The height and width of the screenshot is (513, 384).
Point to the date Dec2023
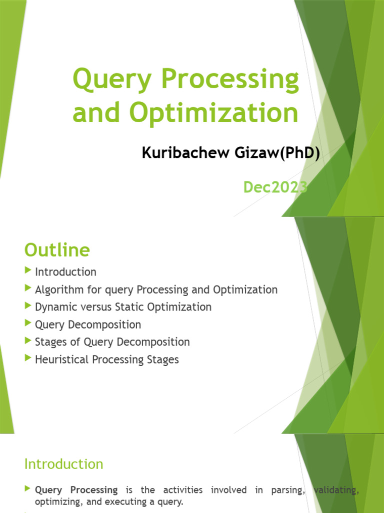tap(274, 187)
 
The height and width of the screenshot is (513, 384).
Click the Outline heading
tap(57, 249)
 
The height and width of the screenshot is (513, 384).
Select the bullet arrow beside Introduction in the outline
tap(27, 271)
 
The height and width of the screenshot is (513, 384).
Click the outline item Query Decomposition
tap(88, 325)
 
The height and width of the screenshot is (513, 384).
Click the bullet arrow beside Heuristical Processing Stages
tap(27, 359)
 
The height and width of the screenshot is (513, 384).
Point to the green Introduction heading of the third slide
tap(63, 464)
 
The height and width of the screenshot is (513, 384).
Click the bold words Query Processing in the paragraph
tap(76, 490)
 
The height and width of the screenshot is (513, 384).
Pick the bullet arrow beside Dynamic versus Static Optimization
tap(27, 306)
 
